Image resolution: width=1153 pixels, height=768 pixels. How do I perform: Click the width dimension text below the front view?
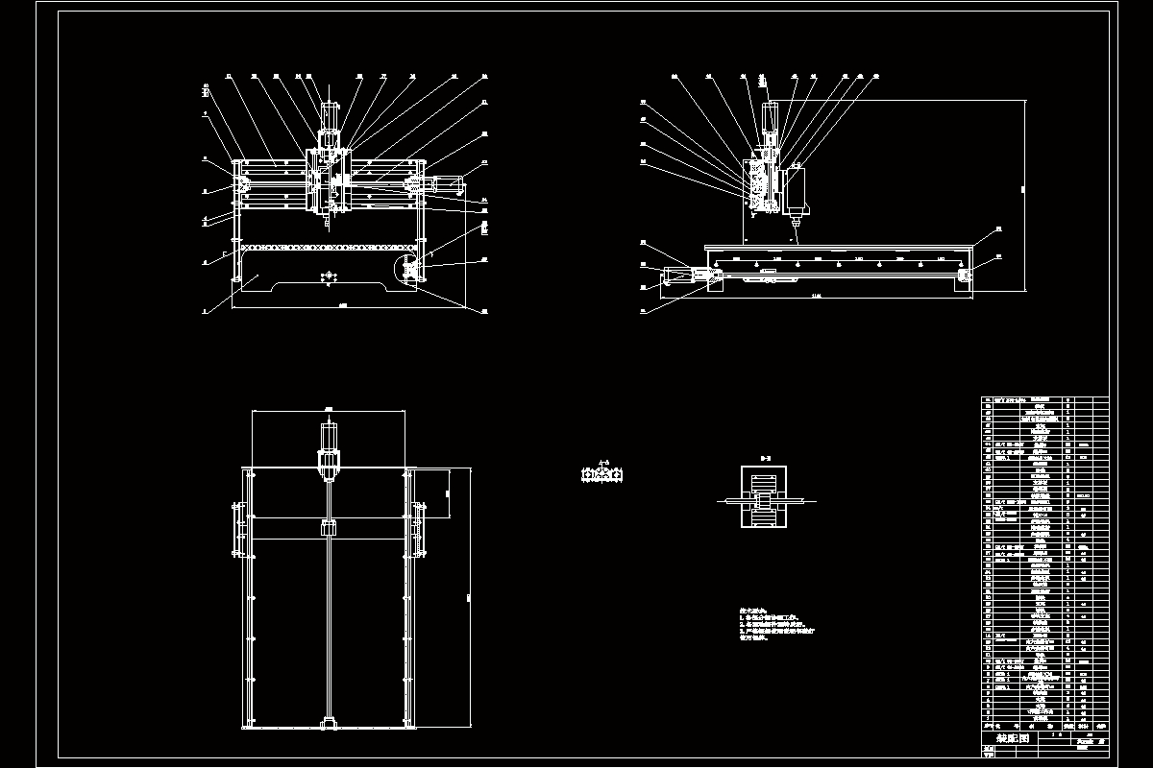click(343, 305)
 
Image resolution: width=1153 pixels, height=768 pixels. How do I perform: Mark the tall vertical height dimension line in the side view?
click(1025, 192)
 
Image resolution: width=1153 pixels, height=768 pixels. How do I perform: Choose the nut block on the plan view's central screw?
click(328, 529)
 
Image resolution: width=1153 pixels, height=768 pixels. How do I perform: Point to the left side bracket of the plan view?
click(235, 528)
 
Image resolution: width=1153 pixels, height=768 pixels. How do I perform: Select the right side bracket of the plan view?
click(420, 528)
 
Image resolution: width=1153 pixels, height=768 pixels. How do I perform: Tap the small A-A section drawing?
click(603, 475)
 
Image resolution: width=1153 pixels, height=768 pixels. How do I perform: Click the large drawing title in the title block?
click(1012, 739)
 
